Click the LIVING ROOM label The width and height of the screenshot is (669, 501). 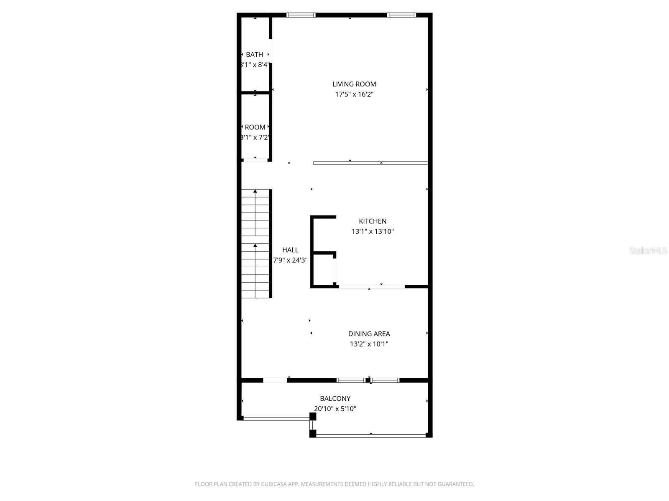[x=354, y=84]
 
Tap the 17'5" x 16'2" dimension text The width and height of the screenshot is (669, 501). [x=354, y=94]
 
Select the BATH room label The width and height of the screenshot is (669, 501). [x=254, y=55]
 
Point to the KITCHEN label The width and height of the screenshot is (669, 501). [x=373, y=221]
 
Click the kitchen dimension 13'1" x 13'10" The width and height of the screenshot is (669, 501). [x=373, y=231]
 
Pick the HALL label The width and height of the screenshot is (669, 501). [x=290, y=250]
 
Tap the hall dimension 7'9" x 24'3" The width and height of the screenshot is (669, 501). [x=290, y=260]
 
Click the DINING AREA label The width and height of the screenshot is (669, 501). [x=369, y=334]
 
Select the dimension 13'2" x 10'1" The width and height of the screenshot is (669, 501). [x=369, y=344]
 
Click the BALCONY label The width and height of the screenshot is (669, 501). [x=335, y=399]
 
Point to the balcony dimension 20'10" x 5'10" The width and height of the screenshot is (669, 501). [x=335, y=409]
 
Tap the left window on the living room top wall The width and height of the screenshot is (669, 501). [x=301, y=15]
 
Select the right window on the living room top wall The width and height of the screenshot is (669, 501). [x=401, y=15]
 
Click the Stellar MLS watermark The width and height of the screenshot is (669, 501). [x=648, y=251]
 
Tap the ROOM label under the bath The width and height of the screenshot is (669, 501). [x=255, y=127]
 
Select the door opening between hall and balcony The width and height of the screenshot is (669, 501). [x=275, y=380]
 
